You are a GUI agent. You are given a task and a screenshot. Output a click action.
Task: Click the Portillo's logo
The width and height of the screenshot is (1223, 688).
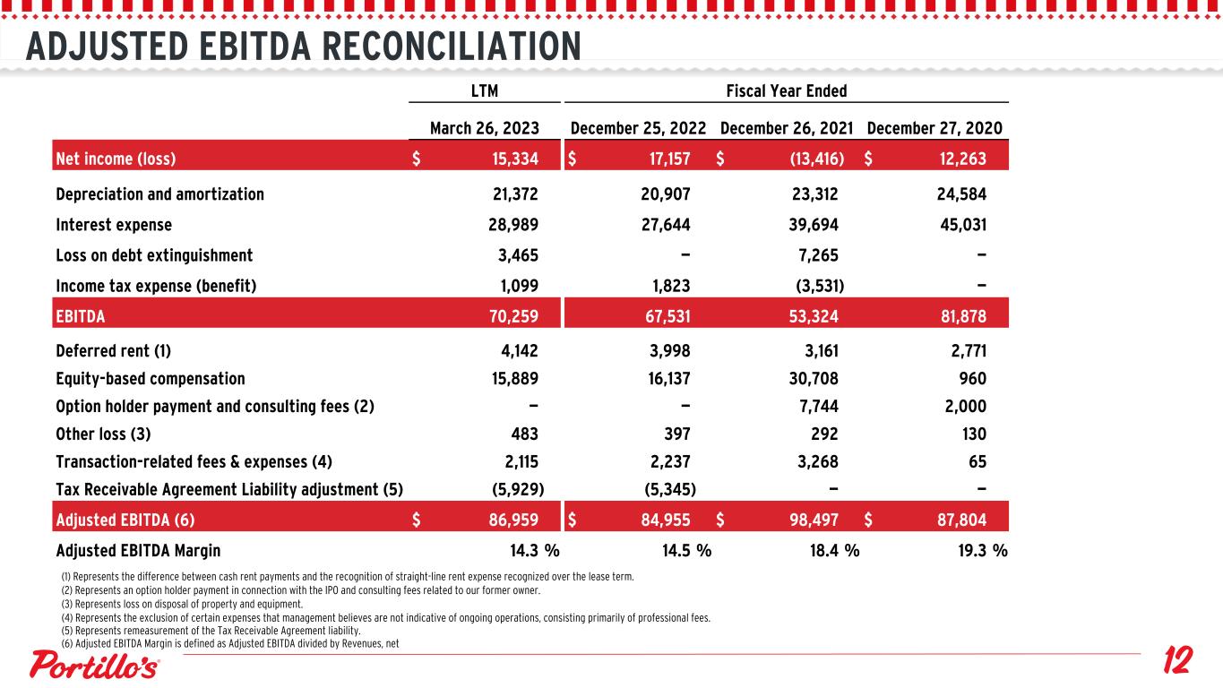[96, 665]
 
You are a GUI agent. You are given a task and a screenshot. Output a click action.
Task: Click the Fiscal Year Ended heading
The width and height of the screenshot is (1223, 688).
[786, 90]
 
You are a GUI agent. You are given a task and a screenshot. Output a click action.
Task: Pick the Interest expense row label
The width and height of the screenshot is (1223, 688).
[114, 225]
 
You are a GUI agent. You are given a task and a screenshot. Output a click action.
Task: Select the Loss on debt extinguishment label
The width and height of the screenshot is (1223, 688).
[154, 255]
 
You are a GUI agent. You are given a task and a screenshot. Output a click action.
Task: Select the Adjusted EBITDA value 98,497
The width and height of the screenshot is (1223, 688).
[810, 519]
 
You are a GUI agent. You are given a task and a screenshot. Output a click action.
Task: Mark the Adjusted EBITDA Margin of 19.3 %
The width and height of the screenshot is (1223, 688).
[982, 551]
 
